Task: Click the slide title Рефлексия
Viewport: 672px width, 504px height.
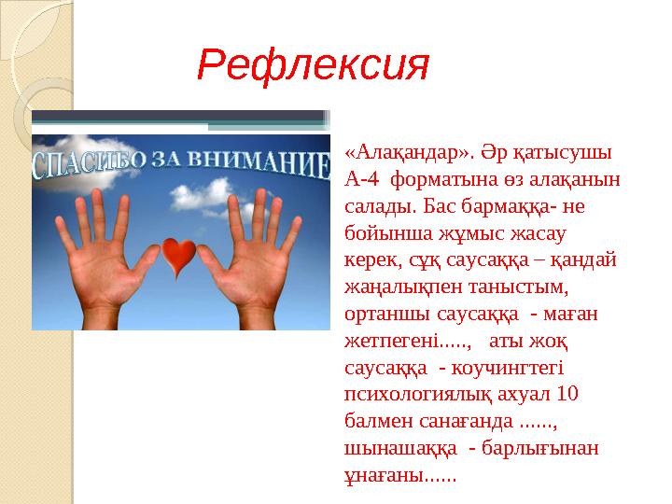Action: pyautogui.click(x=313, y=66)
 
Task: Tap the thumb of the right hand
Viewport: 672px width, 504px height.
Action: pyautogui.click(x=217, y=271)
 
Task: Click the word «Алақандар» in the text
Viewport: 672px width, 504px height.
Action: pyautogui.click(x=402, y=152)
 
